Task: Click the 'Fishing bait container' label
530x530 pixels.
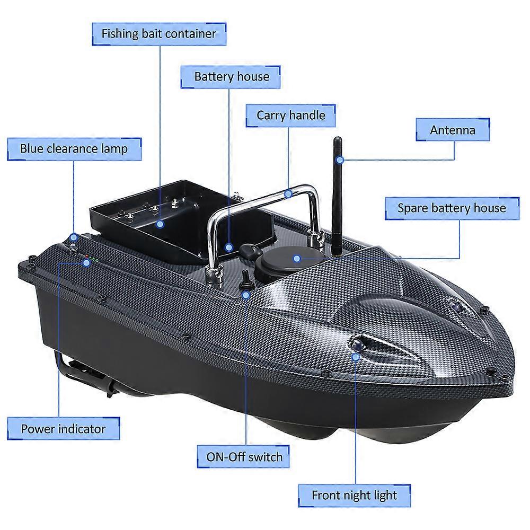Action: coord(159,34)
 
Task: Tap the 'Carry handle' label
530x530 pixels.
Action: coord(290,116)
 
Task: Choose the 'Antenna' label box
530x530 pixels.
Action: coord(453,130)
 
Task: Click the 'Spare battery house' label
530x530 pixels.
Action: coord(452,208)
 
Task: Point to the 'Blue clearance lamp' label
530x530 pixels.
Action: coord(74,149)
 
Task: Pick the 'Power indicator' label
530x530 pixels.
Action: coord(64,429)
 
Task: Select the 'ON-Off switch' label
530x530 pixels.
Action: coord(243,457)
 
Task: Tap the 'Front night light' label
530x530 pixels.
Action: coord(354,496)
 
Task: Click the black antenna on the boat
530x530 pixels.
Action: coord(337,196)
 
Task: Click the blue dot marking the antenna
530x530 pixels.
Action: coord(340,160)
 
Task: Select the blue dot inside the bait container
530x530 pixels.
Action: coord(160,224)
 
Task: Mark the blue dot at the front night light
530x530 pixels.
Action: coord(355,357)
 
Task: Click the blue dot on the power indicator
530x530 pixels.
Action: coord(87,263)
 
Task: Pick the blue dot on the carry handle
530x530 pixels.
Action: coord(288,193)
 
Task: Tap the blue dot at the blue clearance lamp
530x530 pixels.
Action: coord(74,237)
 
